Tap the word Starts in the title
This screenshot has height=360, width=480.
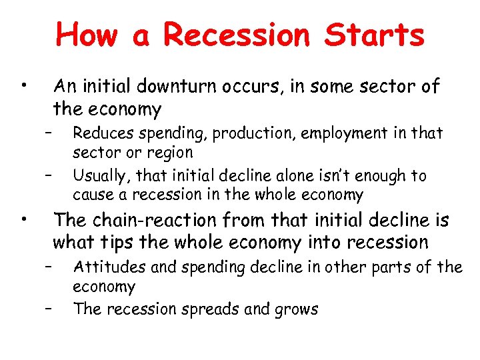pos(375,35)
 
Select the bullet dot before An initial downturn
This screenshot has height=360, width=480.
pos(23,85)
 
